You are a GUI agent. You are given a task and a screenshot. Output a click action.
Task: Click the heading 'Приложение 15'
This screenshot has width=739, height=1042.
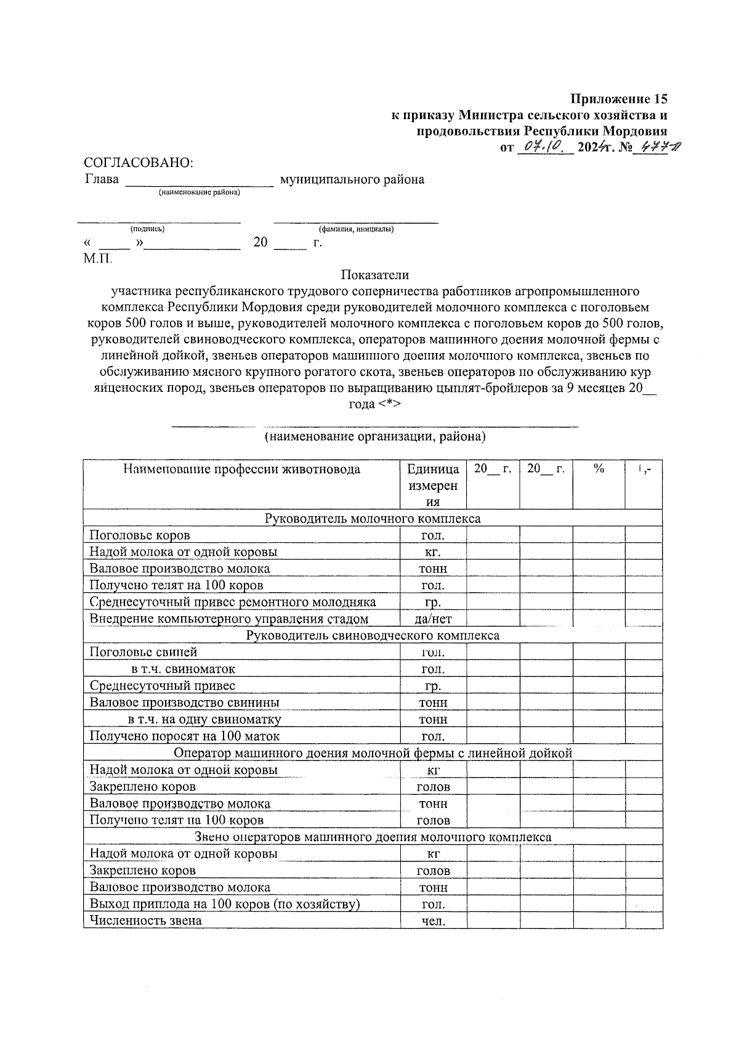[618, 99]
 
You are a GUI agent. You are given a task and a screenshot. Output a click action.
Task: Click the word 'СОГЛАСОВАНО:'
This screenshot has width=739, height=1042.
[138, 163]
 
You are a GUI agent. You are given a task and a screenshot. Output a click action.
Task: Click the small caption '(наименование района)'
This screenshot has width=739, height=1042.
[200, 193]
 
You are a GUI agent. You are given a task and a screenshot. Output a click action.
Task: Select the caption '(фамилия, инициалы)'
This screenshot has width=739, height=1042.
[356, 229]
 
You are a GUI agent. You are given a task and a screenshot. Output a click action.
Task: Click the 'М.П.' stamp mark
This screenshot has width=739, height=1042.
[98, 258]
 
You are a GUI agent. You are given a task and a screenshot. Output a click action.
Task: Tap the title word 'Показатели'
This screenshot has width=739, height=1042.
[375, 275]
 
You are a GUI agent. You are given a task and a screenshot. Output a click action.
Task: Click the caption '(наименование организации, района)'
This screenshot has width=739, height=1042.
[375, 437]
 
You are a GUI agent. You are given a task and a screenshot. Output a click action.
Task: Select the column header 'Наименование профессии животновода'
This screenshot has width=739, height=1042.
[241, 470]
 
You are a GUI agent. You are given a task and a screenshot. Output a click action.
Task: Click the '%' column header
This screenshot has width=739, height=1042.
[599, 469]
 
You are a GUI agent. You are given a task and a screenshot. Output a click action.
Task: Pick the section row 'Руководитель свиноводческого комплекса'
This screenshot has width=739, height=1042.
[373, 635]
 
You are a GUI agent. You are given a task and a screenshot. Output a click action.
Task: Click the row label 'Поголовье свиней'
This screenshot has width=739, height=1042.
[143, 652]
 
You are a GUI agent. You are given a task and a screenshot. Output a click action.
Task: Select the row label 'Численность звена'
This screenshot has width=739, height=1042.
[145, 921]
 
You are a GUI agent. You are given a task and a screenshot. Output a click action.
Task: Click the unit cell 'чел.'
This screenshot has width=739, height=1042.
[433, 921]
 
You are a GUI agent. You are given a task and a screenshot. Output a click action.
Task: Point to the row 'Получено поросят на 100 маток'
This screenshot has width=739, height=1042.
[184, 736]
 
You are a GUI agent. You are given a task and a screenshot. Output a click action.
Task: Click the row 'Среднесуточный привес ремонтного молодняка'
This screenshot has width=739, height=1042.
[232, 602]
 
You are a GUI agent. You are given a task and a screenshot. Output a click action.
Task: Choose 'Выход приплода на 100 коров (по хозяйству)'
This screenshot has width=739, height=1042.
[225, 904]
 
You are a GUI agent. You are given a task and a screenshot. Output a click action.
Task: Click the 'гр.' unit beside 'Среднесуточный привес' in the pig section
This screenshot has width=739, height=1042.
[433, 686]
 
